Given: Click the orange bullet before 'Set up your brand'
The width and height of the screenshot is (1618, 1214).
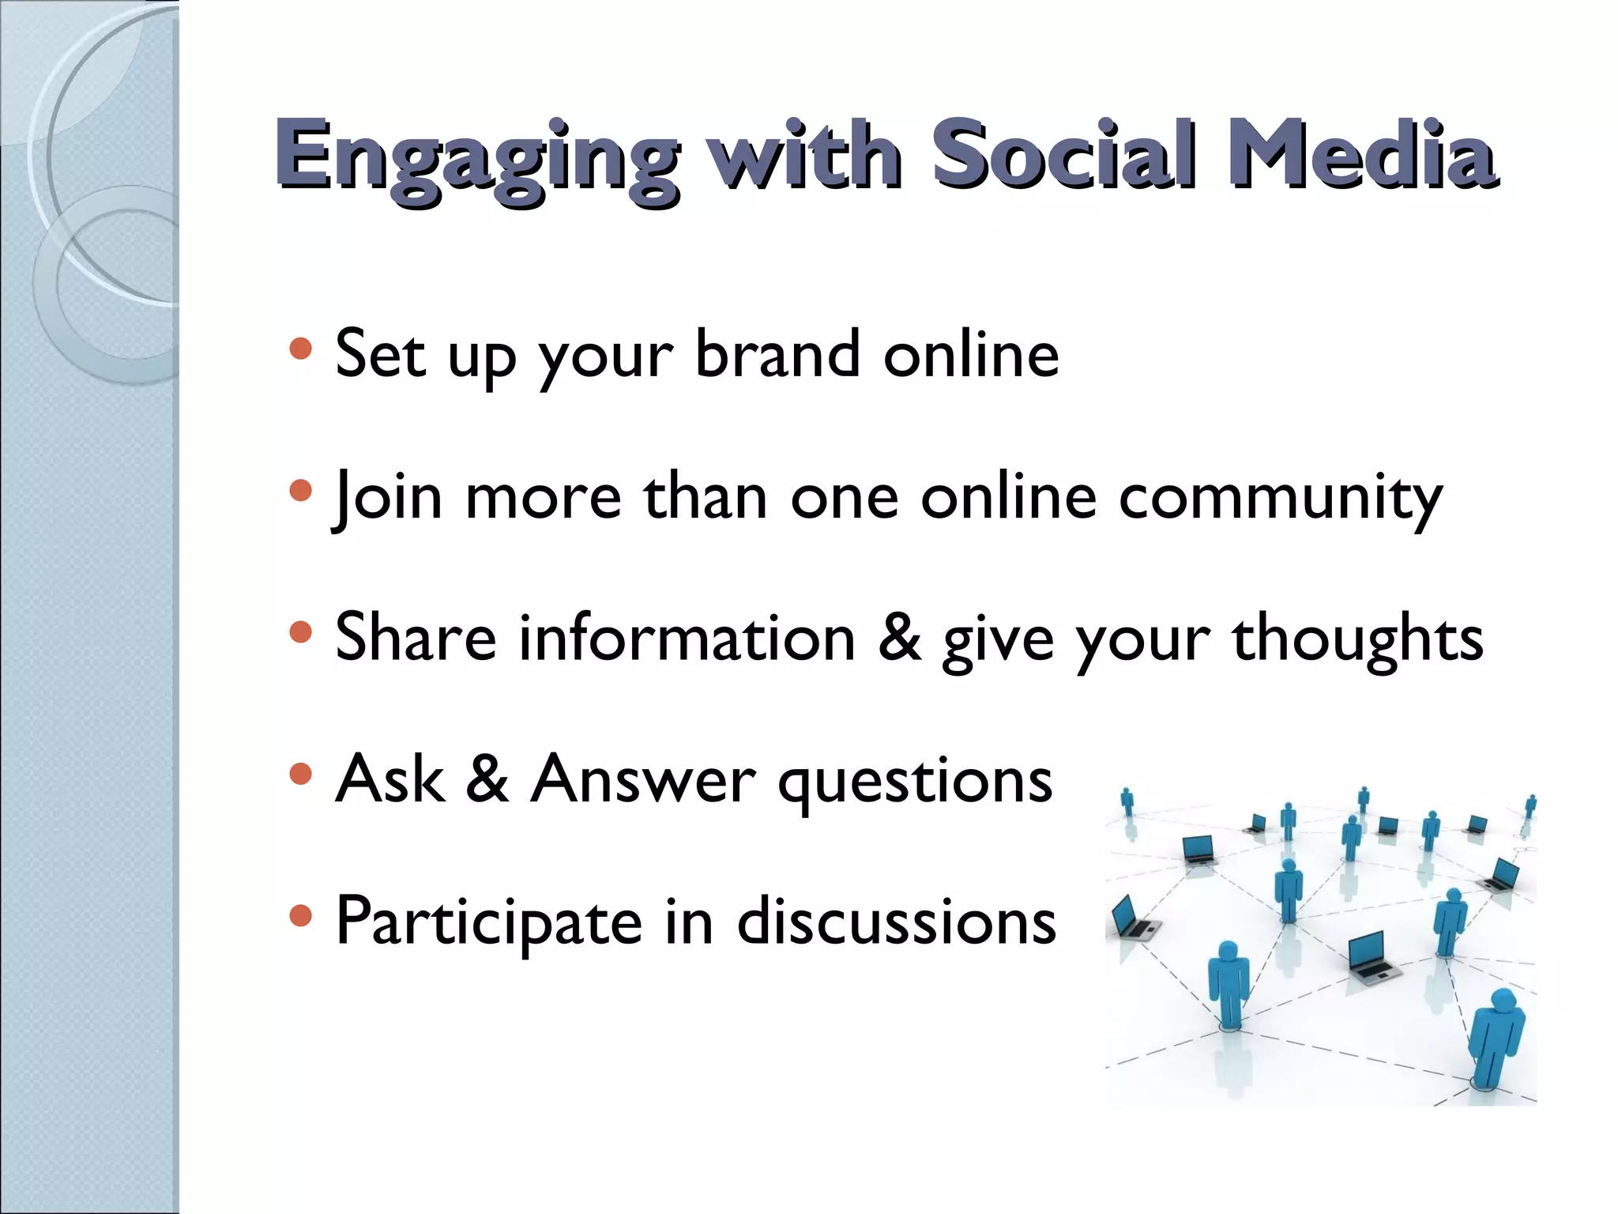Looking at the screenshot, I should (300, 349).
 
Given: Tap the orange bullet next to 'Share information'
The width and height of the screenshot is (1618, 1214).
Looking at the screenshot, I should (300, 632).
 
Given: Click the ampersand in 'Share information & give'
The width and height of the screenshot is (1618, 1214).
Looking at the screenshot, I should (899, 637).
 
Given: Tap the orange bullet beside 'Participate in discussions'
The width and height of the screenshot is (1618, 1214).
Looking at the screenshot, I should (300, 915).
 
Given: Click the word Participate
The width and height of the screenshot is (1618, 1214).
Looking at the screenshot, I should (489, 922).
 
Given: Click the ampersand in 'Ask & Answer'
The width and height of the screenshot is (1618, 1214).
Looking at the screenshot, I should (487, 779).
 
